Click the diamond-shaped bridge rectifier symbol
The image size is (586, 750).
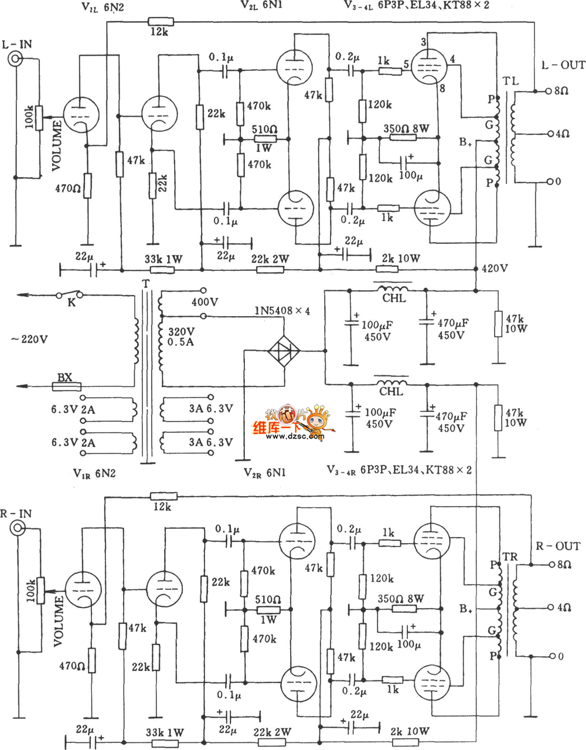click(284, 351)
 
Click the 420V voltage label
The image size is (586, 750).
click(495, 269)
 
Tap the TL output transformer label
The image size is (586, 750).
click(511, 81)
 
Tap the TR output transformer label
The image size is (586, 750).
click(510, 556)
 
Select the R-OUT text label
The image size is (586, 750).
click(558, 546)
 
